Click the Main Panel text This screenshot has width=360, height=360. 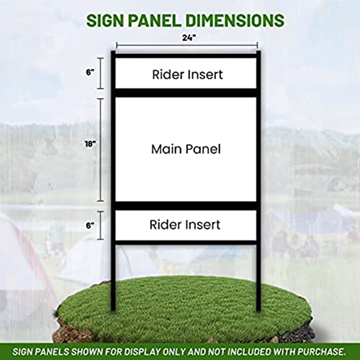[x=185, y=150]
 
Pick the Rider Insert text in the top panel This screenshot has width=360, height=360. [x=186, y=74]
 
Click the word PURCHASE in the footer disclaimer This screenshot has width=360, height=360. [x=319, y=350]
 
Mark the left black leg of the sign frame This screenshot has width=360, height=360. [x=113, y=266]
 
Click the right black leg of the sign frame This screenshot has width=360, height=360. [x=258, y=266]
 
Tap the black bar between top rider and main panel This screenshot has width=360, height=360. [x=185, y=92]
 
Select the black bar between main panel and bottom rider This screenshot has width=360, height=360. [x=185, y=207]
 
